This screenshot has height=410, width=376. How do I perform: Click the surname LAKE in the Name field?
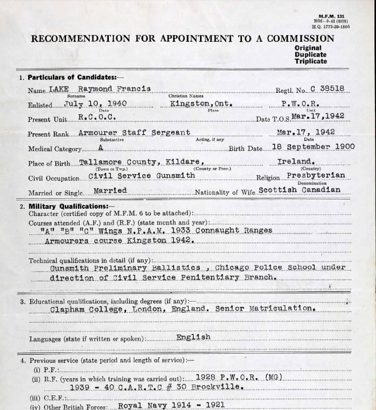point(59,89)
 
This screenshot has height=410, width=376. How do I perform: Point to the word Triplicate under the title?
point(311,61)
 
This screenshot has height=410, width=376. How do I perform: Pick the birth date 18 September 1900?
point(313,147)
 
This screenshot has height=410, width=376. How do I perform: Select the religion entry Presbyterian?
point(316,176)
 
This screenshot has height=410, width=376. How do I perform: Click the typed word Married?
point(110,190)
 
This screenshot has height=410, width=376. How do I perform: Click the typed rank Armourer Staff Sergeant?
point(134,133)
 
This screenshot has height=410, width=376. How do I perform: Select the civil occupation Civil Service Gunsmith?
point(142,176)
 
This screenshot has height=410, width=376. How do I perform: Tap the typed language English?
point(193,337)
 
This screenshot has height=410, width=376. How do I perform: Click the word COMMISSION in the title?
point(301,39)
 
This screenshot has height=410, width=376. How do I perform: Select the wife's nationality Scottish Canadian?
point(299,190)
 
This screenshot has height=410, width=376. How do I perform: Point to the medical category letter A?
point(101,147)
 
